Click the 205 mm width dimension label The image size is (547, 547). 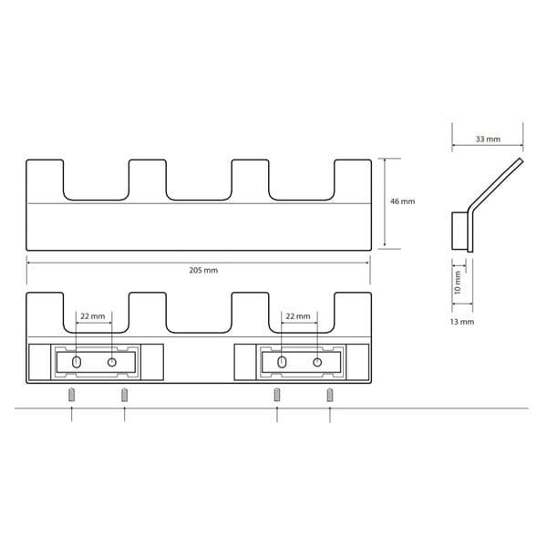(x=203, y=271)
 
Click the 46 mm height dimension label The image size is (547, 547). (x=403, y=201)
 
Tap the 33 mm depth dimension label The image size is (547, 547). (x=488, y=139)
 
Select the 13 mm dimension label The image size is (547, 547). (x=462, y=322)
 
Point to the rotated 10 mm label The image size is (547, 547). (x=458, y=283)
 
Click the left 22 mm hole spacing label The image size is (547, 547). (x=93, y=316)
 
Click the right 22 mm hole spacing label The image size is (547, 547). (x=298, y=316)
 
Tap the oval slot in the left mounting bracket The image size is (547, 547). (x=77, y=362)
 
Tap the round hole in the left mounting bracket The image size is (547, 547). (x=111, y=362)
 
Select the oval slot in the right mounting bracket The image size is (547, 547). (x=282, y=362)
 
